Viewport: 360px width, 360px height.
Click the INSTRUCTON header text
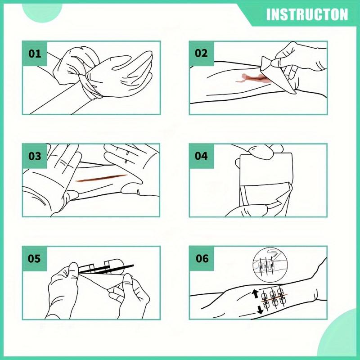coord(307,14)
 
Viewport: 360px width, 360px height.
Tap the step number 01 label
coord(35,54)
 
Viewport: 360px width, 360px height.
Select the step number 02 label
coord(201,53)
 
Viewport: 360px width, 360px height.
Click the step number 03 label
coord(35,156)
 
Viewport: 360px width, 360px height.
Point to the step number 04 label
coord(201,156)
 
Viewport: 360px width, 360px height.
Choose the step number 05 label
coord(35,259)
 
